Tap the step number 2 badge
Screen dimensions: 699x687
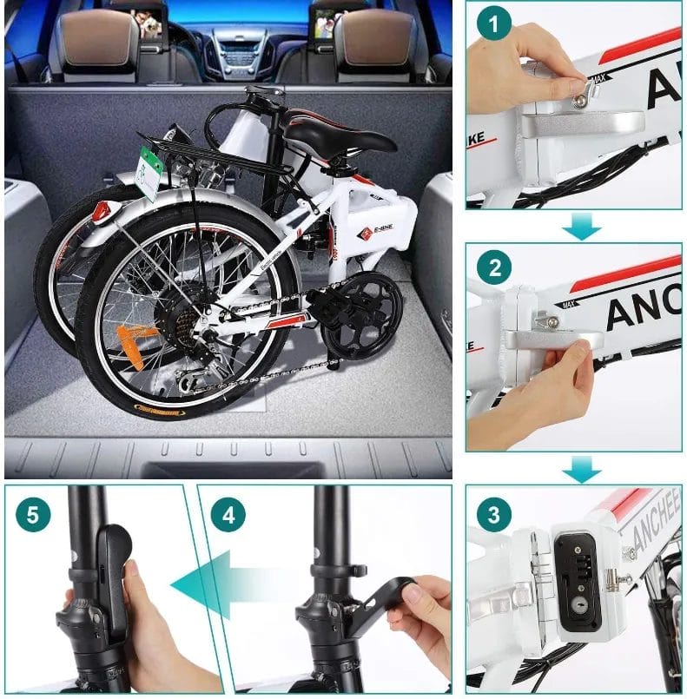tap(494, 268)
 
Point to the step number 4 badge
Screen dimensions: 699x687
tap(228, 515)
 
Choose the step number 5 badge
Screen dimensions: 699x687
tap(32, 515)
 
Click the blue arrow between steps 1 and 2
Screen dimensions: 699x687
tap(581, 227)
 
